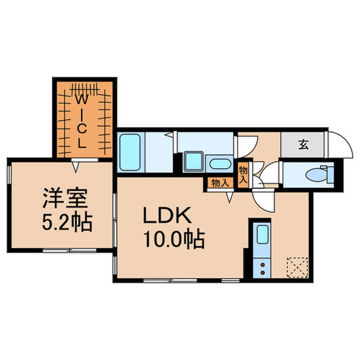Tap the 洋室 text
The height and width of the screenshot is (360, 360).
coord(63,199)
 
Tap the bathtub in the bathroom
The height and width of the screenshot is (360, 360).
coord(130,153)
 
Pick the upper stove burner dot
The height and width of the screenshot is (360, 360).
coord(262,265)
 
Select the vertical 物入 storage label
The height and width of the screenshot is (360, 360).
coord(243,174)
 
